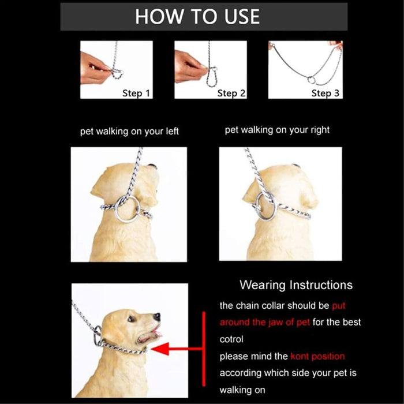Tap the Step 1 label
click(136, 92)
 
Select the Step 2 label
click(231, 93)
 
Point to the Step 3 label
click(326, 93)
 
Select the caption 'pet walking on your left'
click(129, 132)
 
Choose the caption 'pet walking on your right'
click(277, 130)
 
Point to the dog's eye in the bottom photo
click(132, 318)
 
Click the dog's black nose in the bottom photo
click(156, 317)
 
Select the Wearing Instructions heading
click(295, 285)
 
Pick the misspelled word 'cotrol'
click(231, 339)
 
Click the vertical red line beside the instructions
click(204, 349)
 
